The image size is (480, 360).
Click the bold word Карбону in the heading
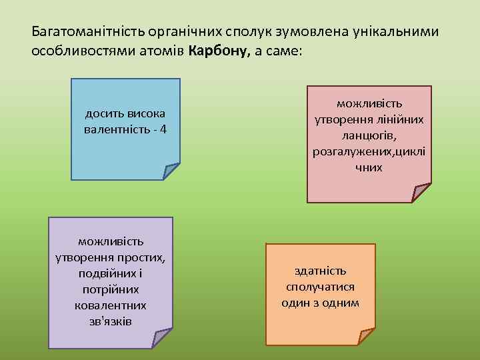[219, 51]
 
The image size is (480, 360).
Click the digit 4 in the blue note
[163, 127]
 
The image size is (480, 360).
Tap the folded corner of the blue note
[171, 171]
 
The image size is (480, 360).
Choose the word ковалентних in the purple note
[110, 305]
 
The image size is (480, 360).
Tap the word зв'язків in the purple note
[110, 321]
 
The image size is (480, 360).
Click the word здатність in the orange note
[321, 271]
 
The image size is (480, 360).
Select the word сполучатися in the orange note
[321, 287]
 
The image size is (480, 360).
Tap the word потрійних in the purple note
[110, 290]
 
